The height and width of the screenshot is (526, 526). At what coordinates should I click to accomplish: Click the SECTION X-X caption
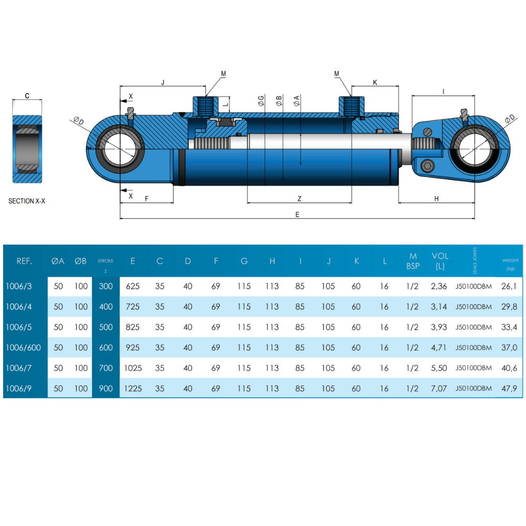[27, 201]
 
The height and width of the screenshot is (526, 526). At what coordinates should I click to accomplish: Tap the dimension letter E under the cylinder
[297, 214]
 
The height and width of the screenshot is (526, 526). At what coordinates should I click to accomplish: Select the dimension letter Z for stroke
[299, 198]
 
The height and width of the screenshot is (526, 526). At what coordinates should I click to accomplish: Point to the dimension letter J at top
[163, 82]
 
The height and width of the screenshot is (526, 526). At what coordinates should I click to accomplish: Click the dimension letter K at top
[375, 82]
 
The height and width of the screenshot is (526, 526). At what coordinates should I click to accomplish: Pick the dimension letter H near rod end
[437, 198]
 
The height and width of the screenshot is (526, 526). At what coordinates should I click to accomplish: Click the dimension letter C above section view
[27, 96]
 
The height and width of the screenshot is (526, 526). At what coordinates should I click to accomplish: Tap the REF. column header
[25, 261]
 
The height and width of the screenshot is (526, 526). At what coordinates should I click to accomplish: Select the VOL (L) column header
[440, 261]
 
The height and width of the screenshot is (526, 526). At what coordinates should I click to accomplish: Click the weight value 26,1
[510, 287]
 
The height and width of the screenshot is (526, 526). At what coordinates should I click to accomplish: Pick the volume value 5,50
[439, 368]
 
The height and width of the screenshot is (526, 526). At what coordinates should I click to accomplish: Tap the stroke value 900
[106, 389]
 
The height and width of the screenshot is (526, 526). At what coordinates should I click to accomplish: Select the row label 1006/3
[19, 287]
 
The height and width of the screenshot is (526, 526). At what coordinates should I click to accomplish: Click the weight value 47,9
[510, 389]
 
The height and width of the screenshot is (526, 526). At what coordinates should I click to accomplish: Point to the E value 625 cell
[133, 287]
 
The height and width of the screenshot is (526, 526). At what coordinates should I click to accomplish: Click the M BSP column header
[413, 261]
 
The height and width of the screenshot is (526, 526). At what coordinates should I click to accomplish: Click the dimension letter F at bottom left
[147, 198]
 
